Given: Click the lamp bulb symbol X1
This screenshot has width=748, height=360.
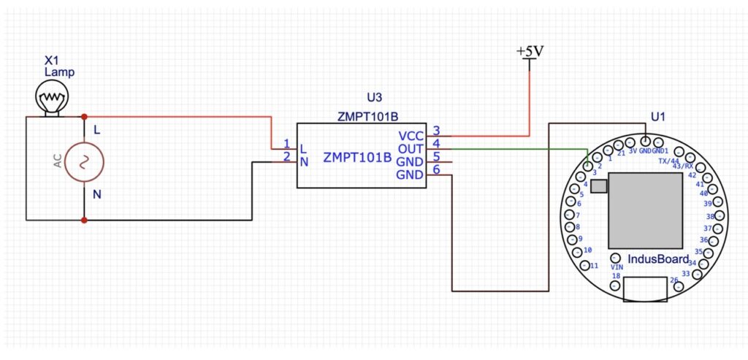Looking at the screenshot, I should [51, 96].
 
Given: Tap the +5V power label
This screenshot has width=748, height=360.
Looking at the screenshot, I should [530, 52].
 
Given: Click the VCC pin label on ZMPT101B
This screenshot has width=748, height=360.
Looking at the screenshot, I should [411, 136].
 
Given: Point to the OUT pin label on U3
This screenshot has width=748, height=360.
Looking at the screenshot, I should [411, 149].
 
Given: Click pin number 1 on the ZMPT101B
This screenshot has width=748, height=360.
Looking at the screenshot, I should [287, 144].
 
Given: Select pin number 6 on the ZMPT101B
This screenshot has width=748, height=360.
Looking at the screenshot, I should [436, 170].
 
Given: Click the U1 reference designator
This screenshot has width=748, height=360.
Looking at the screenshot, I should [658, 116].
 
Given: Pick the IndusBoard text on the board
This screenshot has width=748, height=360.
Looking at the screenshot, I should [658, 259].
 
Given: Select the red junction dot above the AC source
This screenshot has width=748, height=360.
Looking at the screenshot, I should [85, 117].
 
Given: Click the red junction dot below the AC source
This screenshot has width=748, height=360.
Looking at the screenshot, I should [85, 219].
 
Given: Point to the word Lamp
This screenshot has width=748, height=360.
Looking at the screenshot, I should [60, 73].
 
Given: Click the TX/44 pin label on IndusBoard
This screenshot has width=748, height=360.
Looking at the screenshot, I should [668, 161].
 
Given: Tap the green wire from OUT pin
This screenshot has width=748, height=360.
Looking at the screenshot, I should [511, 149].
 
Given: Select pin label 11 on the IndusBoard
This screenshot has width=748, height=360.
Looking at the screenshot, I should [594, 265].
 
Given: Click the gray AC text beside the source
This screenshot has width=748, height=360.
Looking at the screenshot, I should [58, 161].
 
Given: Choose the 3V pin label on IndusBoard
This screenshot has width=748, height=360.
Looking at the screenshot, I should [633, 151].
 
